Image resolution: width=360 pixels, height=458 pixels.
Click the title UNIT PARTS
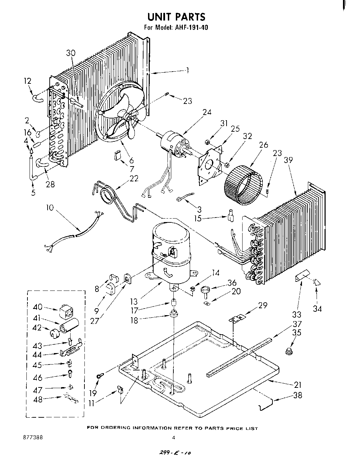(176, 16)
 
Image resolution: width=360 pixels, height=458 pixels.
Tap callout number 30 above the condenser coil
(71, 53)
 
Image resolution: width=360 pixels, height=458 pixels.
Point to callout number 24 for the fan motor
(207, 112)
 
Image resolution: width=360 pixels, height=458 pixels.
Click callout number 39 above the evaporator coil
(288, 160)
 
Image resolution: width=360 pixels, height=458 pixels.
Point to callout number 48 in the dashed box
(38, 400)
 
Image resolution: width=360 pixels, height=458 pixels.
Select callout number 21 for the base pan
(297, 385)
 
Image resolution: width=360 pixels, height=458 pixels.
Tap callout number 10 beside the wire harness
(50, 208)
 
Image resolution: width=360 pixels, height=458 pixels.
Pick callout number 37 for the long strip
(297, 324)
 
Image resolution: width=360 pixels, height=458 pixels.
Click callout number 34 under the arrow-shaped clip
(317, 308)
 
